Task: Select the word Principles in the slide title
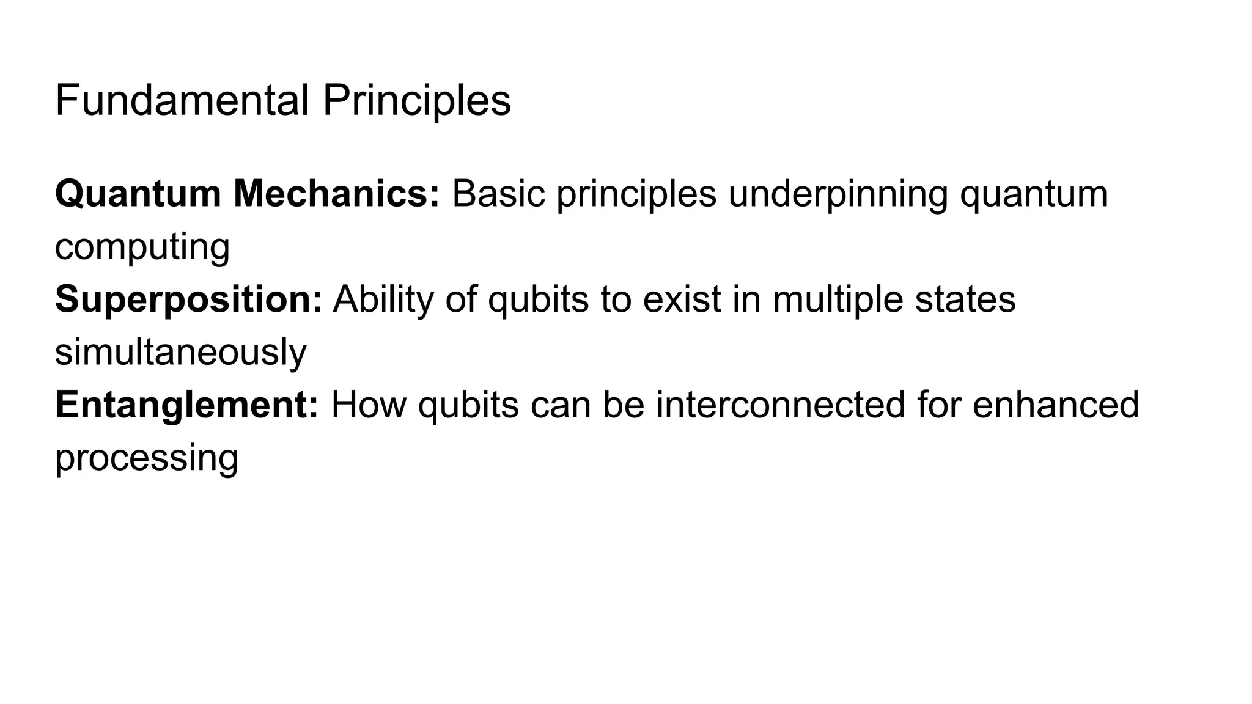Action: (416, 101)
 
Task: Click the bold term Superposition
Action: (188, 299)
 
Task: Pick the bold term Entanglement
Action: (186, 405)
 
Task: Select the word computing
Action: (142, 247)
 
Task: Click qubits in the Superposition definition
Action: (538, 299)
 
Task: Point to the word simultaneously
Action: (181, 353)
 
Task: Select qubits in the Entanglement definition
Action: (468, 405)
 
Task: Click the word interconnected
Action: (780, 405)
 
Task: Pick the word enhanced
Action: (1056, 405)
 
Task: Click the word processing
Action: (147, 458)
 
